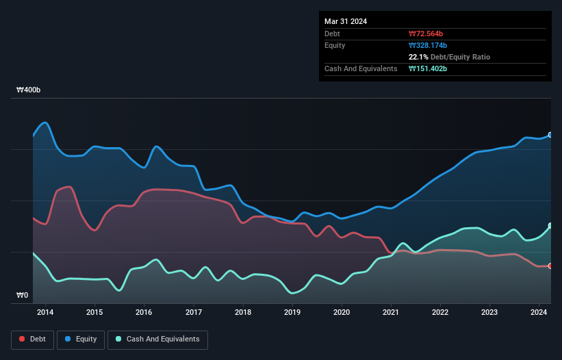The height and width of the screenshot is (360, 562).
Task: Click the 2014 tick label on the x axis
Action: click(45, 313)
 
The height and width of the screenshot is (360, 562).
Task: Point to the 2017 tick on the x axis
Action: click(194, 313)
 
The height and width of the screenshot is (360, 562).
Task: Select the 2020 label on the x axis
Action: click(342, 313)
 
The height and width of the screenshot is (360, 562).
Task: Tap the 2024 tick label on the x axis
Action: click(539, 313)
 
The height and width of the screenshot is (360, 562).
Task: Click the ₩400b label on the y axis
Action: click(29, 90)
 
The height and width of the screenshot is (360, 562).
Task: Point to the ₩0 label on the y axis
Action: click(23, 296)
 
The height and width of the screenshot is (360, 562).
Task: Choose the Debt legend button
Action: click(34, 339)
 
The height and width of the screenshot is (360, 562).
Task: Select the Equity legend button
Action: click(81, 339)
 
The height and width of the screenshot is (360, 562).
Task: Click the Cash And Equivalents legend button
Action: click(157, 339)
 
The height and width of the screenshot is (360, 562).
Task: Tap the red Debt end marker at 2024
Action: click(550, 266)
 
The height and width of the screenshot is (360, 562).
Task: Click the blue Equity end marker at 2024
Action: click(550, 135)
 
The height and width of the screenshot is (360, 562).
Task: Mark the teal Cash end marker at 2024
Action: click(550, 225)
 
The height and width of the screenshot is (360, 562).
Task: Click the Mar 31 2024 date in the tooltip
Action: click(346, 21)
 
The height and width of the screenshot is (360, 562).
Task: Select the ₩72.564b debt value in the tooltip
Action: click(428, 34)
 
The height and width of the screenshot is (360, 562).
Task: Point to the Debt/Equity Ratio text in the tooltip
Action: click(460, 57)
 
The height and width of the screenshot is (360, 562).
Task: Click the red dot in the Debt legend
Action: click(23, 339)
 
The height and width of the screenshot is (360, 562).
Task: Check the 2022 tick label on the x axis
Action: click(440, 313)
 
